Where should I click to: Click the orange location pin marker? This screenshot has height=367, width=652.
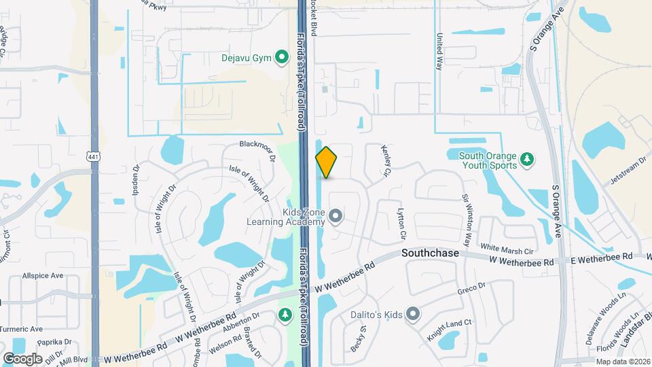[x=327, y=162]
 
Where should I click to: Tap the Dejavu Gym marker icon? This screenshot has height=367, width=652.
[x=280, y=58]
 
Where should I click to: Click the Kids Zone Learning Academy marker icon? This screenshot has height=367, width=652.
[x=335, y=217]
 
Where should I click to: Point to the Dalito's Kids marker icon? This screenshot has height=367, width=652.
[x=412, y=313]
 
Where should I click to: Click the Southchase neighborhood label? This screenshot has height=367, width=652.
[x=430, y=253]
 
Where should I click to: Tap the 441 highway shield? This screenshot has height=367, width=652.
[x=93, y=156]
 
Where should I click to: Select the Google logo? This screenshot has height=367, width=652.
[x=22, y=358]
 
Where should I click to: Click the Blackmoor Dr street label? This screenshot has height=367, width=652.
[x=257, y=144]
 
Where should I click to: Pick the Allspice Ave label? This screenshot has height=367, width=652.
[x=42, y=276]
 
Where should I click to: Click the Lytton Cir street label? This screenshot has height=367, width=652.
[x=402, y=224]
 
